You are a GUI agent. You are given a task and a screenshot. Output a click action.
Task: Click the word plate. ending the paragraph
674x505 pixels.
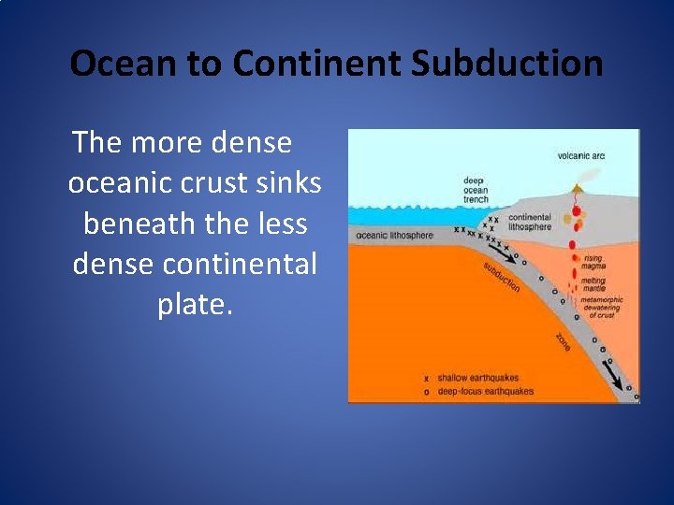tap(195, 305)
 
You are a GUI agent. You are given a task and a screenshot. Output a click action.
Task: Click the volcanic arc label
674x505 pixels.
tap(580, 155)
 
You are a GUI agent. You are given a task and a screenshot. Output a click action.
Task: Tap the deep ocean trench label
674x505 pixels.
tap(476, 190)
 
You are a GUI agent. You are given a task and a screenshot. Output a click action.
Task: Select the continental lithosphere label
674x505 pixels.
tap(529, 222)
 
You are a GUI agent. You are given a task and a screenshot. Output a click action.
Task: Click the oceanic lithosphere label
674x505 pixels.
tap(394, 235)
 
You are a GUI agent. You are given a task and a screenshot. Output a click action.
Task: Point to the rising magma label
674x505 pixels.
tap(595, 262)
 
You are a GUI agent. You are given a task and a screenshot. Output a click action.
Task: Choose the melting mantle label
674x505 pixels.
tap(595, 285)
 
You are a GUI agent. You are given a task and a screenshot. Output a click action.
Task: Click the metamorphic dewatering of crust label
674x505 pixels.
tap(600, 308)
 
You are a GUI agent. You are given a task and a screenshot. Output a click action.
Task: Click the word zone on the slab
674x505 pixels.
tap(564, 342)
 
